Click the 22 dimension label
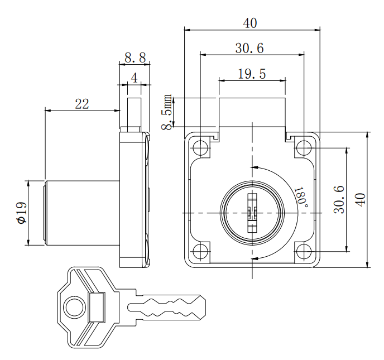tap(82, 104)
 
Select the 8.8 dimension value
tap(135, 57)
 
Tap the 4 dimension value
tap(134, 78)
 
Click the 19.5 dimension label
tap(252, 74)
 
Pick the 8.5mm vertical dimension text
tap(168, 113)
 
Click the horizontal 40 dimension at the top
tap(251, 23)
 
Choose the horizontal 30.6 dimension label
tap(249, 49)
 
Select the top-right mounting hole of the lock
tap(303, 148)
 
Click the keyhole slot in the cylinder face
tap(251, 212)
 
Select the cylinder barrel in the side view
tap(82, 212)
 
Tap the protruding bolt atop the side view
tap(135, 113)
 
